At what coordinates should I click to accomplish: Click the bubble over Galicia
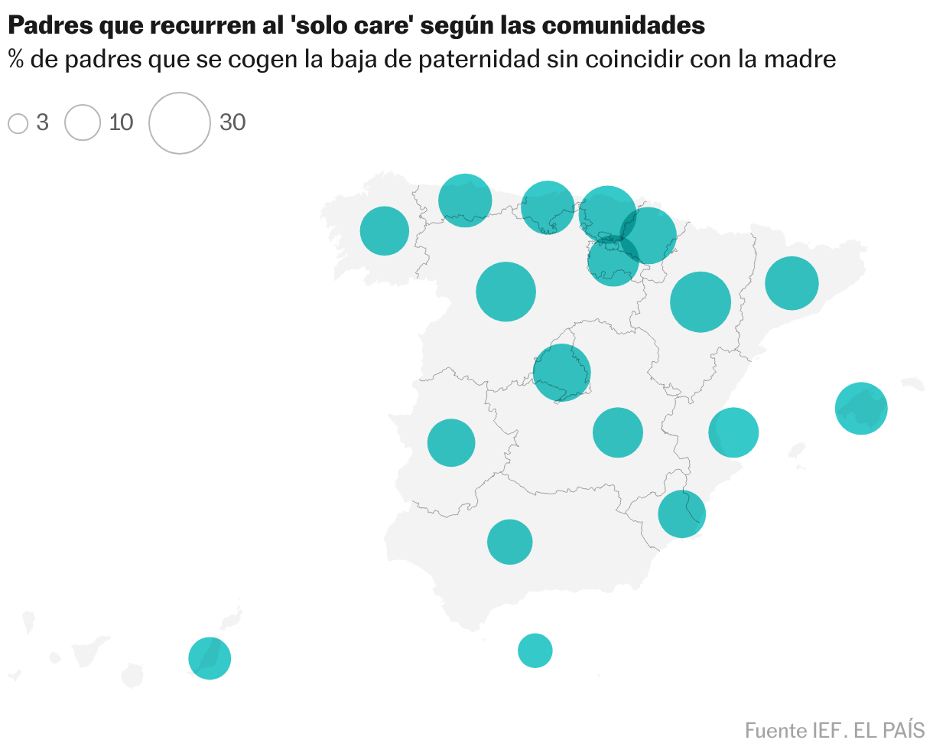tap(385, 230)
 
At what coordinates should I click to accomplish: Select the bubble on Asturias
tap(465, 200)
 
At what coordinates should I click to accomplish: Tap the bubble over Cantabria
tap(548, 207)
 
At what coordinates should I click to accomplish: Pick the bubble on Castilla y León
tap(506, 292)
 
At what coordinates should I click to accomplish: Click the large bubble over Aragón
tap(701, 302)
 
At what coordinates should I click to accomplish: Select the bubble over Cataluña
tap(792, 283)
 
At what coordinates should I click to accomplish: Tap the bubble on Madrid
tap(562, 373)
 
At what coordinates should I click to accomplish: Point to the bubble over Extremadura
tap(451, 442)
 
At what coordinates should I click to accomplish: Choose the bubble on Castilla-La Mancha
tap(618, 433)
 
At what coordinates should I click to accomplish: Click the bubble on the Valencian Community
tap(733, 432)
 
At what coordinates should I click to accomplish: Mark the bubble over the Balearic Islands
tap(861, 409)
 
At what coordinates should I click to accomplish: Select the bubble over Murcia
tap(681, 514)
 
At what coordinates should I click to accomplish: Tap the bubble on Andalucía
tap(509, 542)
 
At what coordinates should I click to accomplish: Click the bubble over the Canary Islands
tap(210, 658)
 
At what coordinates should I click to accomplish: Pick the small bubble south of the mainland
tap(535, 651)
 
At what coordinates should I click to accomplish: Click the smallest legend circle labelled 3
tap(18, 123)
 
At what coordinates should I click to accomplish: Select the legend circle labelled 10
tap(83, 122)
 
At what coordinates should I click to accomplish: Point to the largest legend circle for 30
tap(180, 122)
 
